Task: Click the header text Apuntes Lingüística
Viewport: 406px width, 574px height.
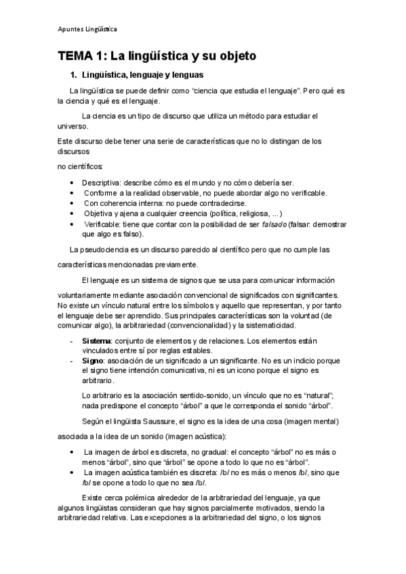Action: coord(87,29)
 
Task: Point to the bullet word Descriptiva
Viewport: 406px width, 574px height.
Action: coord(102,183)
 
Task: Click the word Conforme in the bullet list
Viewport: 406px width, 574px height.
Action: coord(103,192)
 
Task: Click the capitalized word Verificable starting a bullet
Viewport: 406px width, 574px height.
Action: coord(103,223)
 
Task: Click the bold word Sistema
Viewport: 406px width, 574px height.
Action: coord(96,340)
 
